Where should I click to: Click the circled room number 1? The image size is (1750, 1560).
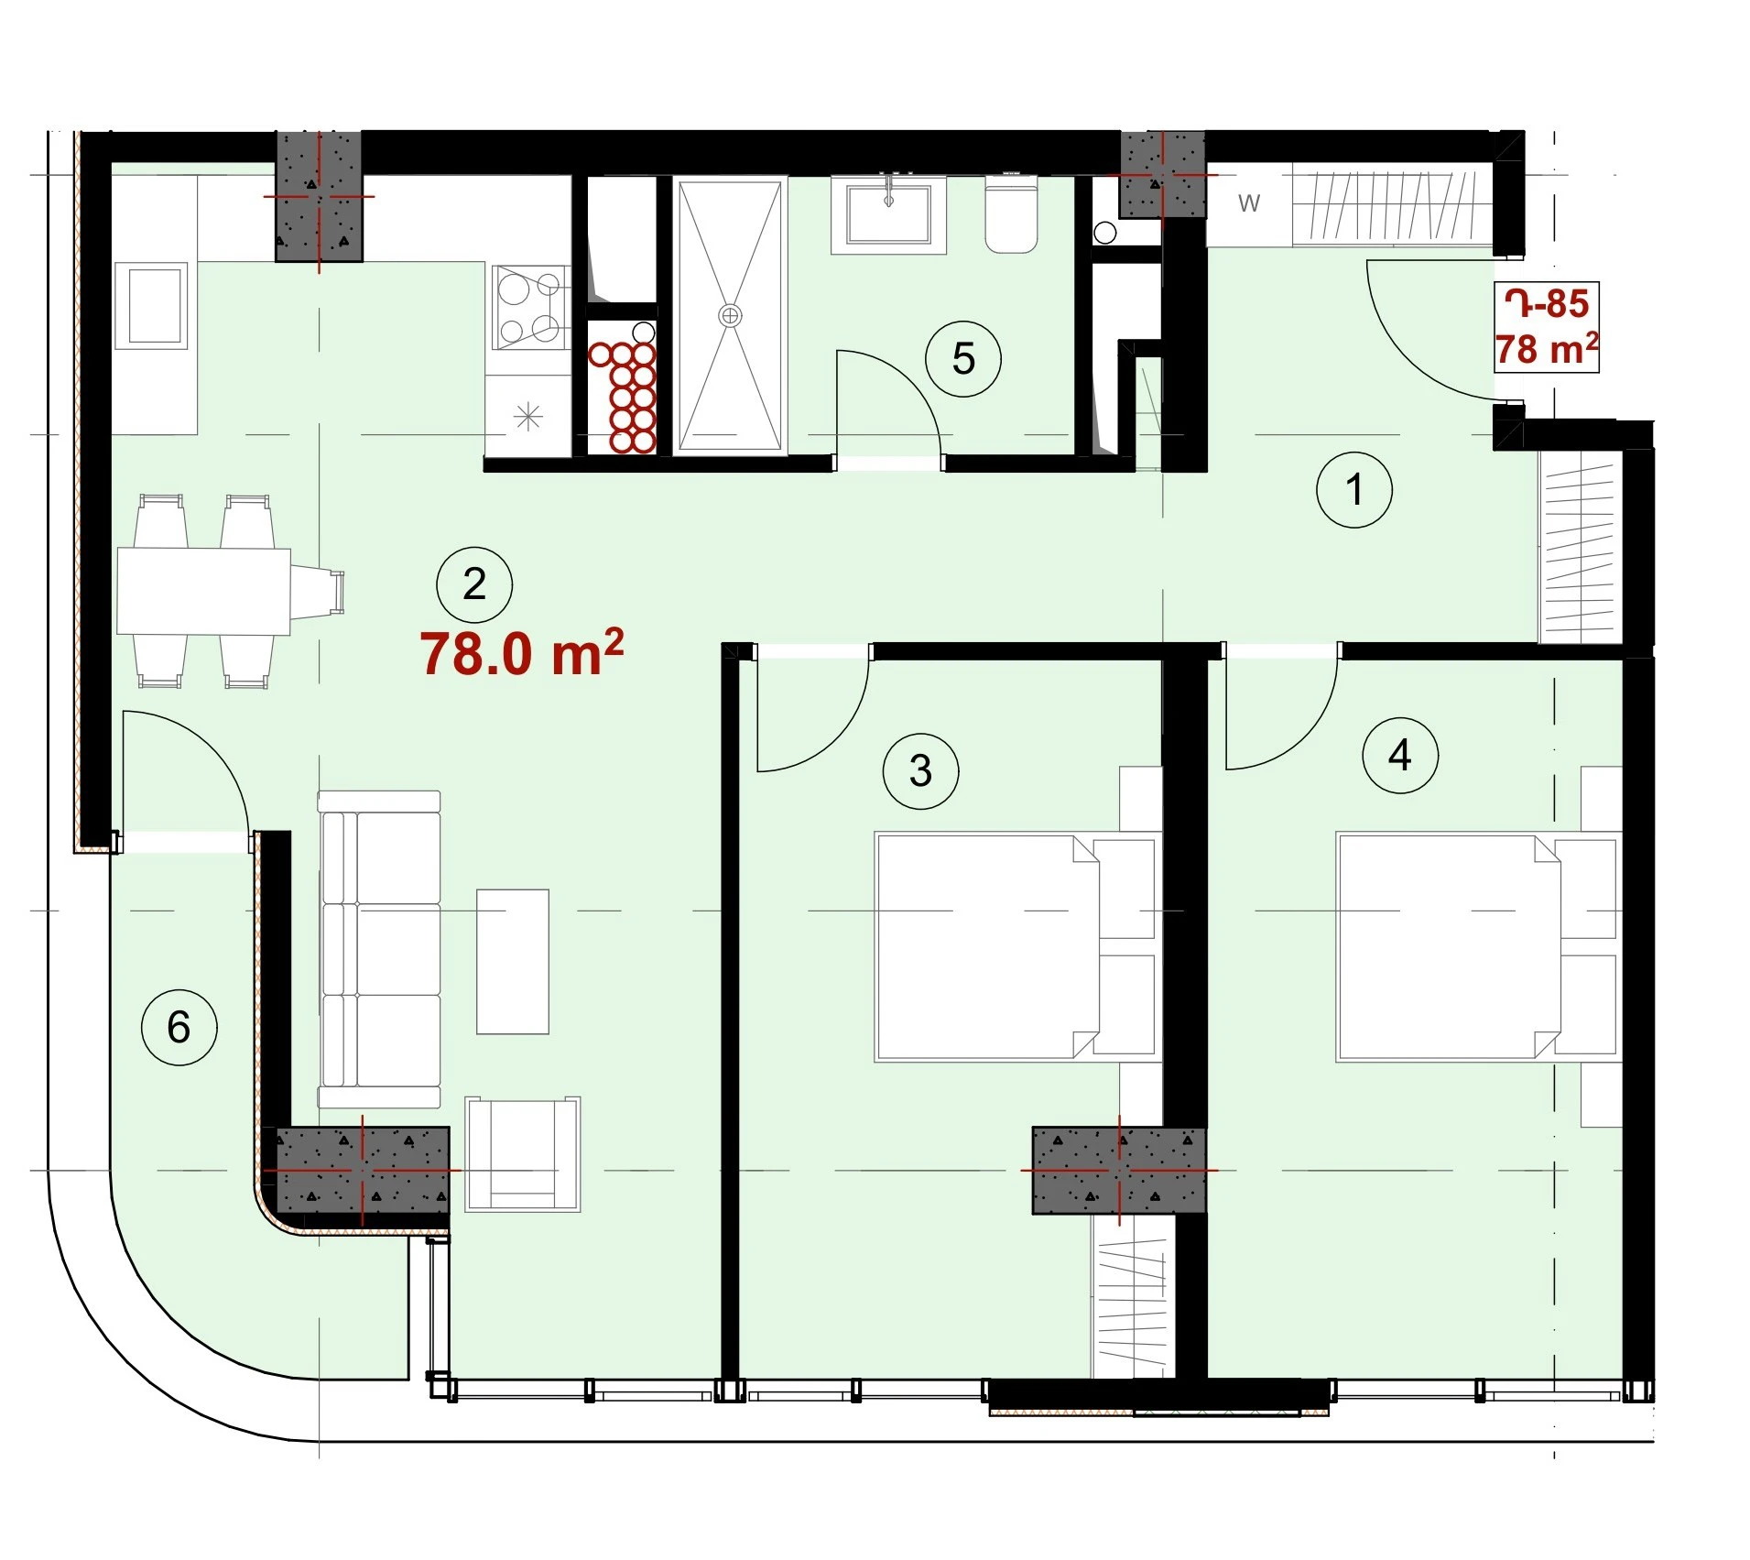pyautogui.click(x=1353, y=489)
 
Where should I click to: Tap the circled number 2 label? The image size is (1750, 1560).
pyautogui.click(x=473, y=584)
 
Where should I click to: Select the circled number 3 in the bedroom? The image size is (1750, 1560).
pyautogui.click(x=920, y=770)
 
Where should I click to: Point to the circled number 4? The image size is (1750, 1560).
pyautogui.click(x=1399, y=756)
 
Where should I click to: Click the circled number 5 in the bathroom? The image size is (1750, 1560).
pyautogui.click(x=962, y=358)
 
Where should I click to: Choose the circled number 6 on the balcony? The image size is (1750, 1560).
pyautogui.click(x=179, y=1027)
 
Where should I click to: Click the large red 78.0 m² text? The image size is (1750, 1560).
pyautogui.click(x=522, y=652)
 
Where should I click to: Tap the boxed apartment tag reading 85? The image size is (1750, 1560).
pyautogui.click(x=1546, y=327)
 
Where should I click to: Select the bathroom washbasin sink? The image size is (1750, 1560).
pyautogui.click(x=888, y=214)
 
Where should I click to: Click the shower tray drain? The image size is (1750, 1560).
pyautogui.click(x=730, y=316)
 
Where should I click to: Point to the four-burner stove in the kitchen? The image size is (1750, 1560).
pyautogui.click(x=529, y=308)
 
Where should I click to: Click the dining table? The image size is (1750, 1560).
pyautogui.click(x=203, y=591)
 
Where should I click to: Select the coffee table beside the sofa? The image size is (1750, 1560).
pyautogui.click(x=512, y=961)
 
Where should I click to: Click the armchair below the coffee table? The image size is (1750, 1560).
pyautogui.click(x=522, y=1154)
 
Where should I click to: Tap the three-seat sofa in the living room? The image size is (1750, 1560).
pyautogui.click(x=379, y=950)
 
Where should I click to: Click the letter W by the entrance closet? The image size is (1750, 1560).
pyautogui.click(x=1249, y=203)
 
